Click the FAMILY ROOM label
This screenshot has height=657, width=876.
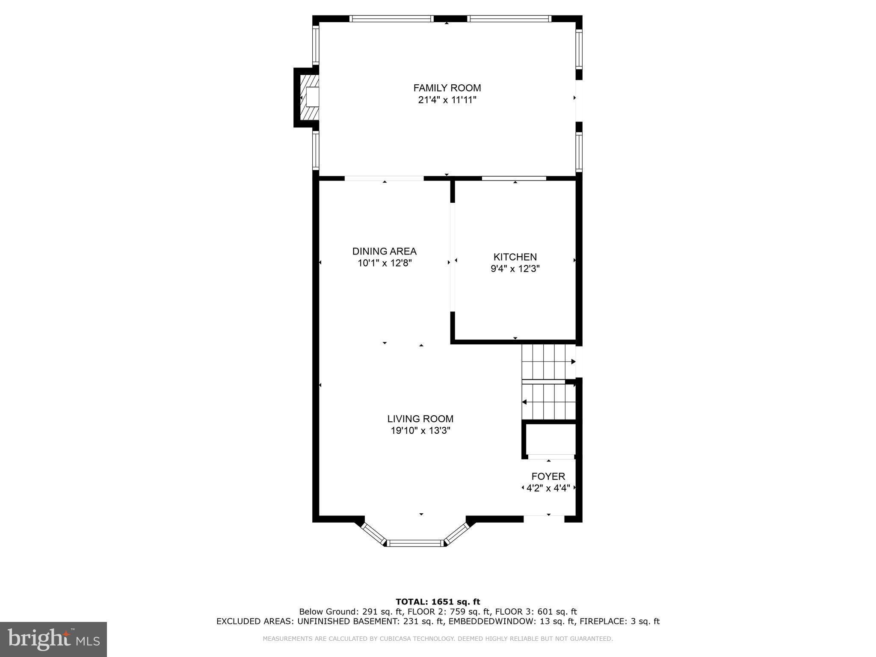(x=447, y=88)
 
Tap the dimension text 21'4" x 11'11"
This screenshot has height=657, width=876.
(x=447, y=100)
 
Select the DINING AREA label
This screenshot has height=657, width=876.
(x=384, y=252)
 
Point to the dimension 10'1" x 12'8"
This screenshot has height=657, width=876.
(x=384, y=263)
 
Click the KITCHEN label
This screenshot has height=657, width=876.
(x=515, y=257)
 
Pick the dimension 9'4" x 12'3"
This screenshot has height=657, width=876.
(x=515, y=269)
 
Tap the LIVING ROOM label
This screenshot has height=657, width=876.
(x=420, y=419)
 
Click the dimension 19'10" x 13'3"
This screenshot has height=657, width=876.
(x=420, y=431)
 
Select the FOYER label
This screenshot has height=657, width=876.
(x=548, y=476)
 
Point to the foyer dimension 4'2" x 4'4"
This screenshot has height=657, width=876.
(x=548, y=488)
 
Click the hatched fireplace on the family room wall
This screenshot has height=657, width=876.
(x=309, y=97)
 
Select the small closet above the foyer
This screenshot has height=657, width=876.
(x=550, y=440)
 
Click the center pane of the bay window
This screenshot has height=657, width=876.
(x=415, y=543)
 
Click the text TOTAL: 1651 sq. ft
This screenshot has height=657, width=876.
(x=438, y=602)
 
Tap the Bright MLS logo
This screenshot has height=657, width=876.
(x=53, y=639)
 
